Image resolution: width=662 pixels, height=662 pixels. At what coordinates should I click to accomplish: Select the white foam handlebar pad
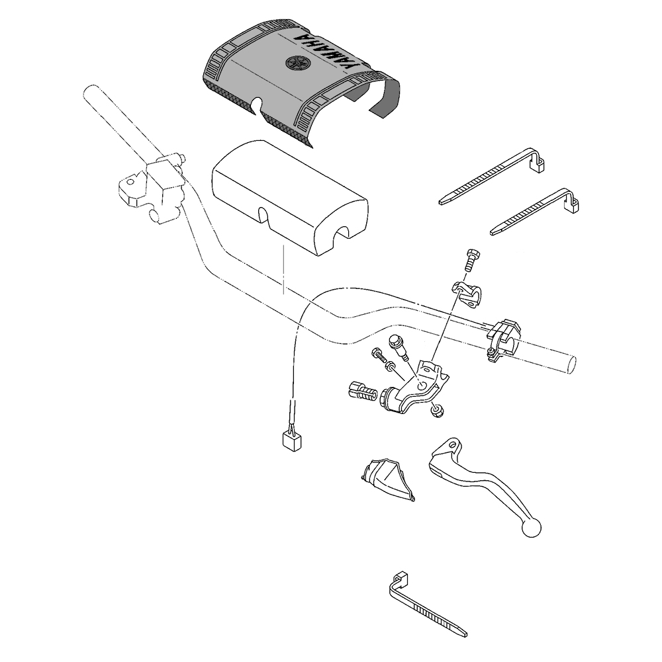291,198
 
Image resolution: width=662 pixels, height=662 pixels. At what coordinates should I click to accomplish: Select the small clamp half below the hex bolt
467,294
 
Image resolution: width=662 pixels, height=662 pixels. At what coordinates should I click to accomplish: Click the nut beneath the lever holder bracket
438,411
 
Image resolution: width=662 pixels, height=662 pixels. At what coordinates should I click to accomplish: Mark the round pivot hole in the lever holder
421,386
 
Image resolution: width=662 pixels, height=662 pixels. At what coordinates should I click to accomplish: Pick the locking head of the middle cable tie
573,203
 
